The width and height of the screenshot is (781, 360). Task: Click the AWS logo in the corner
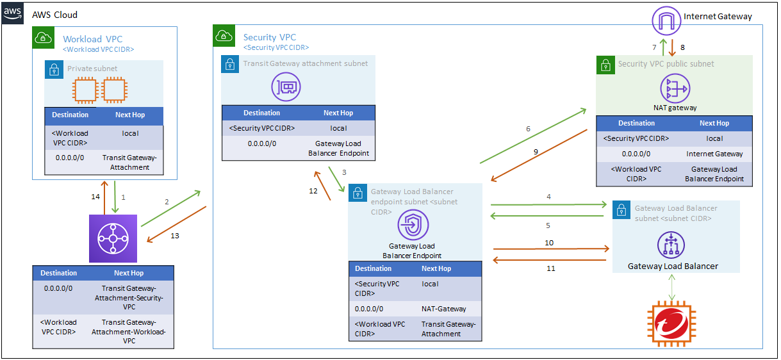click(13, 13)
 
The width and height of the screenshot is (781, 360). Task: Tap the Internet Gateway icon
click(666, 20)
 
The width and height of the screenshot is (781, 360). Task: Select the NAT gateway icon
click(675, 88)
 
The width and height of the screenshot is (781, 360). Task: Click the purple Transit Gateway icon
click(113, 238)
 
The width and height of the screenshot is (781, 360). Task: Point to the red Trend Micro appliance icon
click(671, 323)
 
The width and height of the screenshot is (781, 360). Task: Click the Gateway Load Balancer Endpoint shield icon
click(413, 225)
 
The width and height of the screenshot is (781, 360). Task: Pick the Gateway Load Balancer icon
click(671, 245)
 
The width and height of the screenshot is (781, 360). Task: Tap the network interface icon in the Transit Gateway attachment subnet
click(286, 86)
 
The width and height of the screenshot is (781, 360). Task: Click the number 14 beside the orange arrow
click(95, 197)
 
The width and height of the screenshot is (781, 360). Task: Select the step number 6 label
click(528, 129)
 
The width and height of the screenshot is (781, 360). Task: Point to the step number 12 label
click(313, 191)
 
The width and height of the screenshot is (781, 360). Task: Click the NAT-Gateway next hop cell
click(443, 309)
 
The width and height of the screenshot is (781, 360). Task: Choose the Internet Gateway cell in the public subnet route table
click(714, 154)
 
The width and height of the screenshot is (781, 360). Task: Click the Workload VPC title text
click(93, 39)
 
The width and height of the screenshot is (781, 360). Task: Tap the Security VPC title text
click(270, 37)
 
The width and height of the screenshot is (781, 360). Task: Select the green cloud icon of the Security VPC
click(224, 35)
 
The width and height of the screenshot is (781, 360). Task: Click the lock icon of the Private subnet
click(54, 69)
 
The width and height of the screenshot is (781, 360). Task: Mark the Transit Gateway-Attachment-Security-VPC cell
click(129, 298)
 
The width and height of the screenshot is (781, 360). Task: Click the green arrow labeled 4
click(548, 205)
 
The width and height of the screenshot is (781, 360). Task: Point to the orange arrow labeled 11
click(550, 260)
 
